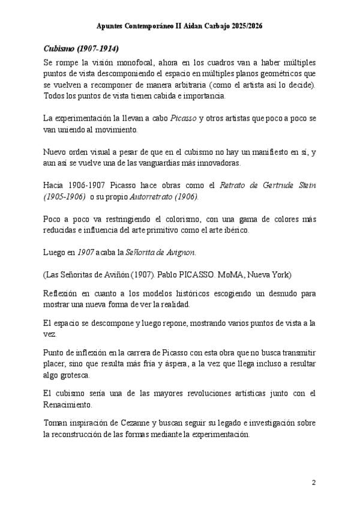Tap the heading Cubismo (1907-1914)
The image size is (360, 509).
[x=81, y=48]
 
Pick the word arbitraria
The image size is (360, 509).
[x=169, y=85]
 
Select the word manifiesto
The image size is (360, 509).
[x=262, y=152]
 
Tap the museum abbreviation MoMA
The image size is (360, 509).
[x=237, y=275]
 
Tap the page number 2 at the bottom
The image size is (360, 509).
[x=313, y=482]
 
